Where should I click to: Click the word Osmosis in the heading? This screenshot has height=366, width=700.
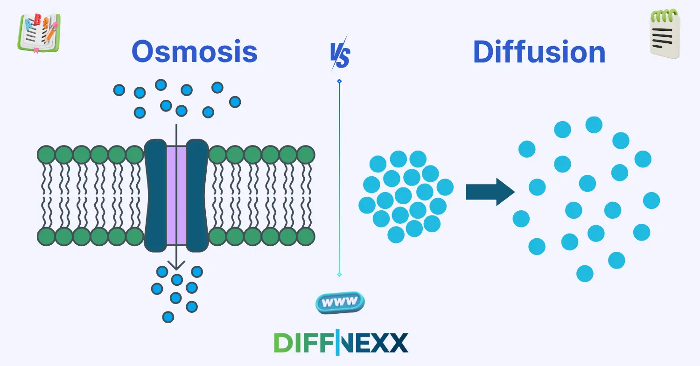195,52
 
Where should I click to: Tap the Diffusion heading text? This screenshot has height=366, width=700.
539,52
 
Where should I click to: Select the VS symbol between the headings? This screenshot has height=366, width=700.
340,53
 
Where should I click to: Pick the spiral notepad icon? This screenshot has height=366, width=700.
665,35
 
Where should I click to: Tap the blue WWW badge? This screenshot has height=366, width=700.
340,303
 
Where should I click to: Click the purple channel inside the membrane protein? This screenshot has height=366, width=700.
176,195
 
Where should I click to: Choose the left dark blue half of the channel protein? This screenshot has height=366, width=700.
155,195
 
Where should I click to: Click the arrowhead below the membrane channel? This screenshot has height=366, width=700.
176,266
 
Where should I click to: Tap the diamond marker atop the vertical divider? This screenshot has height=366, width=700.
339,81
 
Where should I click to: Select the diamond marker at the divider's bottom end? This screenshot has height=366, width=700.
339,275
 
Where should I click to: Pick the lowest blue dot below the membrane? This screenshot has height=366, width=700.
168,317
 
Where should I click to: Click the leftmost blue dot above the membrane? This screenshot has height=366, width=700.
119,90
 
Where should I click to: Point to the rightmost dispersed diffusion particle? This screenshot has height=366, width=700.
651,200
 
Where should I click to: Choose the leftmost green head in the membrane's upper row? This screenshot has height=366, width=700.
46,154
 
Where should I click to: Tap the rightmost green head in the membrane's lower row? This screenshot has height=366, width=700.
306,237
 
